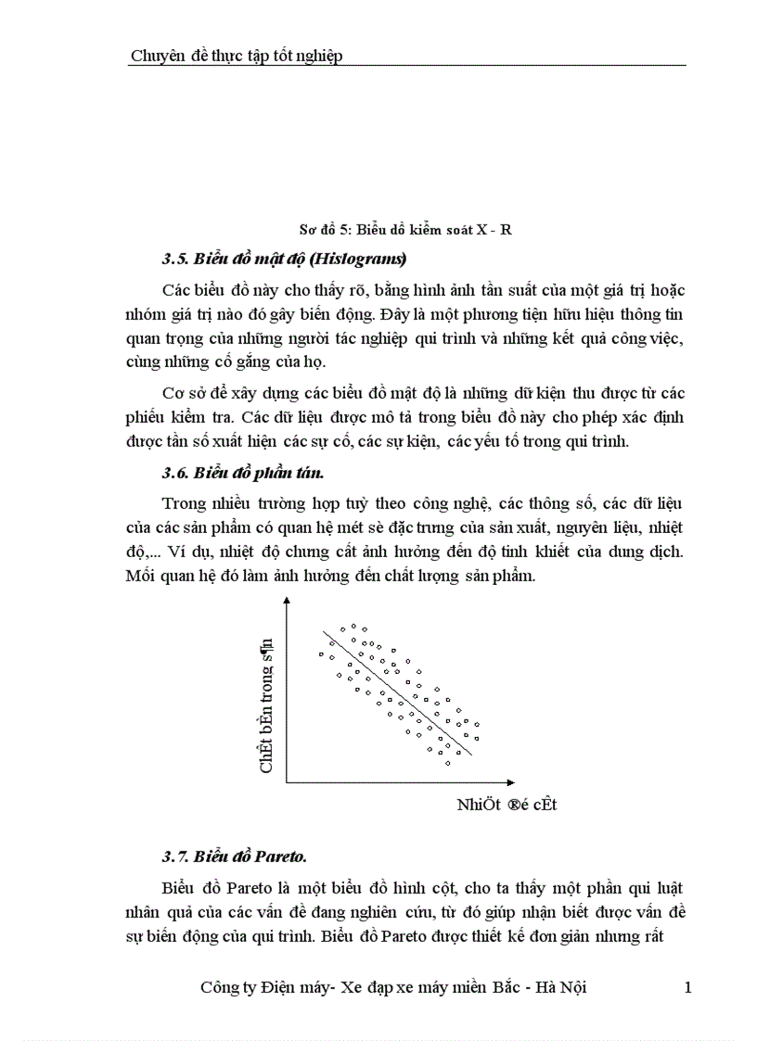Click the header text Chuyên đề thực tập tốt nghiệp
pyautogui.click(x=237, y=56)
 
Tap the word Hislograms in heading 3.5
pyautogui.click(x=360, y=257)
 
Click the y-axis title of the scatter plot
pyautogui.click(x=266, y=704)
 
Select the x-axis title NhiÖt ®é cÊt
pyautogui.click(x=506, y=804)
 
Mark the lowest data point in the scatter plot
pyautogui.click(x=447, y=763)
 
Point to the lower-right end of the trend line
pyautogui.click(x=471, y=755)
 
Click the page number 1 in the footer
pyautogui.click(x=687, y=988)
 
